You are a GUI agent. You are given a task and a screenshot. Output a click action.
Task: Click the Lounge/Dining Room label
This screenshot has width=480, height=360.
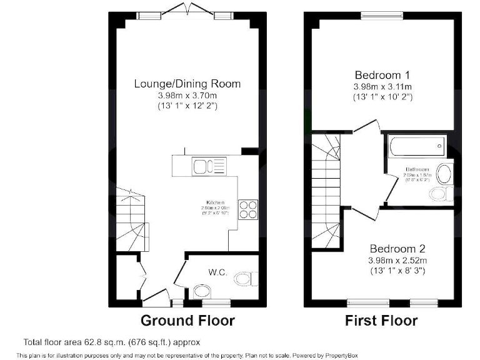pos(187,84)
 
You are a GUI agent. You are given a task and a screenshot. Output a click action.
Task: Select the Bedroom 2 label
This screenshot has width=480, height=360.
pos(397,247)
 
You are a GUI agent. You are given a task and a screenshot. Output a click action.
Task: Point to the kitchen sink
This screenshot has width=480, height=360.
pos(202,166)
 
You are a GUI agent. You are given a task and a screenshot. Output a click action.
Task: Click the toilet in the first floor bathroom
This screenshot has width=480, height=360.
pos(441,193)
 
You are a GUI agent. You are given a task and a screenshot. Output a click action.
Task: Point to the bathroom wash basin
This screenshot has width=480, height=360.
pos(445,172)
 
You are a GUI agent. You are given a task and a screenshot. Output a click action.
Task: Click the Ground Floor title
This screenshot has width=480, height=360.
pos(187,321)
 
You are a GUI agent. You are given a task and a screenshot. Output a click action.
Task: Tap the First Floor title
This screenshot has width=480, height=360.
pos(381,321)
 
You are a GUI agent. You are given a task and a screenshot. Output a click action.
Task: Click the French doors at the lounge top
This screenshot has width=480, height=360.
pos(187,11)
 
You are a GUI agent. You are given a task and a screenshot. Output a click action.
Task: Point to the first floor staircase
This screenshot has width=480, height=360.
pos(325,187)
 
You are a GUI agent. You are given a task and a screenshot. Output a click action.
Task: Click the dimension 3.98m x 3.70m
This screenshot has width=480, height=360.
pos(187,96)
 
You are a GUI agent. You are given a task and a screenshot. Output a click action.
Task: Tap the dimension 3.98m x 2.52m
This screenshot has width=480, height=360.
pos(397,260)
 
